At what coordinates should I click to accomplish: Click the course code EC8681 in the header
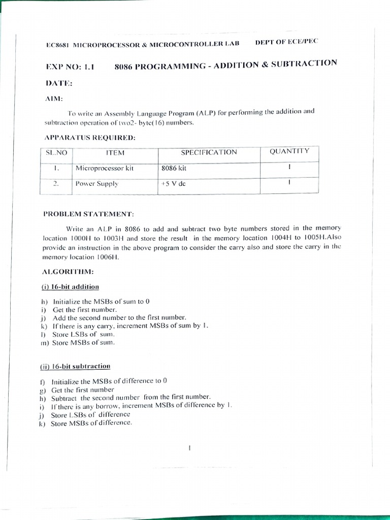tap(57, 45)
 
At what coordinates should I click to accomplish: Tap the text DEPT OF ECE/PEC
tap(286, 42)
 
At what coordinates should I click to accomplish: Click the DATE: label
tap(59, 83)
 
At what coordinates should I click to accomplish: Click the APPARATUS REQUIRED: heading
tap(89, 138)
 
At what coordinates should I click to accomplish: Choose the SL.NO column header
tap(56, 152)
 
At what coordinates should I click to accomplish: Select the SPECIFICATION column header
tap(209, 152)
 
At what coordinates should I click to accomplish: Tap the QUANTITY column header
tap(289, 151)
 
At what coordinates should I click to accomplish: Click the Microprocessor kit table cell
tap(104, 168)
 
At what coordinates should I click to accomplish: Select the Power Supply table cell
tap(96, 184)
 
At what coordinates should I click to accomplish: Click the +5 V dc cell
tap(173, 184)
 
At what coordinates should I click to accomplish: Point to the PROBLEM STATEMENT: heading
tap(88, 214)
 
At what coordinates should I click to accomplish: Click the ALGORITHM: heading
tap(69, 272)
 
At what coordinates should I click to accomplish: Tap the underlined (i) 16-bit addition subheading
tap(70, 287)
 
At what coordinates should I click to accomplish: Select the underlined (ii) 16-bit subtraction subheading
tap(75, 366)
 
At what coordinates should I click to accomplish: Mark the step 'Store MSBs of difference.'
tap(91, 423)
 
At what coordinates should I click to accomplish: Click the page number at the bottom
tap(189, 448)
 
